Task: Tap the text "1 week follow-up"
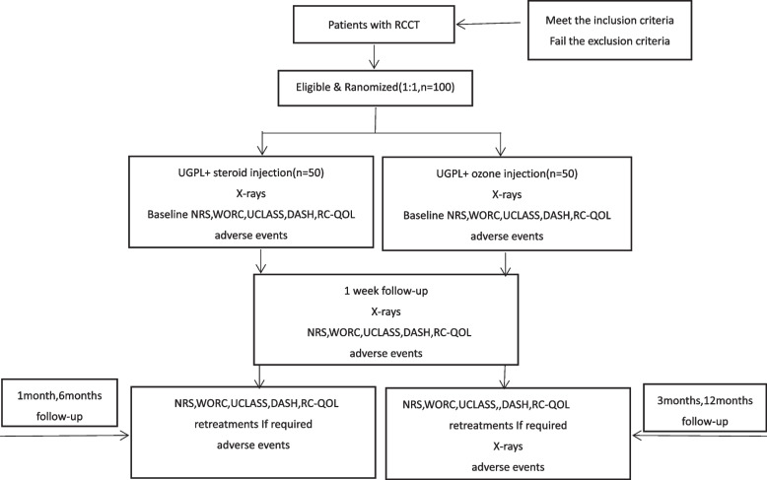[383, 292]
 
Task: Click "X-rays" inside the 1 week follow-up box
[383, 311]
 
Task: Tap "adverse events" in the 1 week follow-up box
[383, 351]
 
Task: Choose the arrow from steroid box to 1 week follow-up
[260, 260]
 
